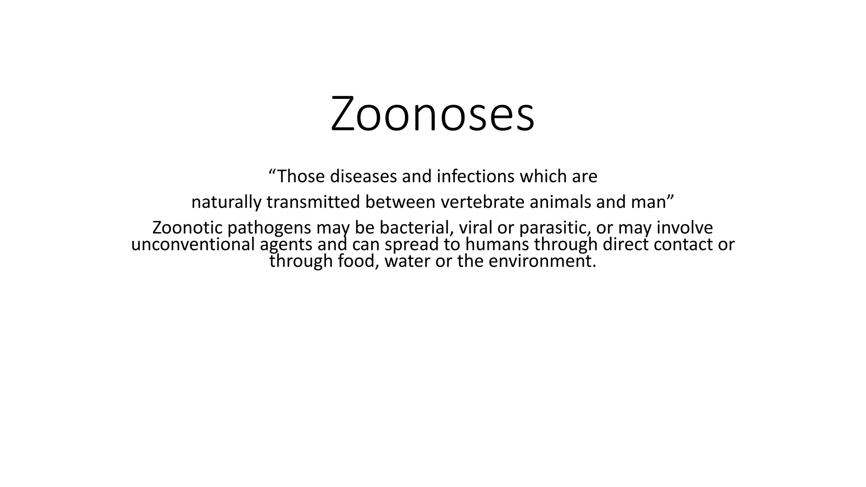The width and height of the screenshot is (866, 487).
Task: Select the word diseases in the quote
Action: point(363,176)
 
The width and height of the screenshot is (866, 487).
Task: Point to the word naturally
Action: point(226,202)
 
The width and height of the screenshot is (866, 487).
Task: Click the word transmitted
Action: point(313,202)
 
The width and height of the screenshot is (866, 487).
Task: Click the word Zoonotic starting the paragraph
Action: point(187,228)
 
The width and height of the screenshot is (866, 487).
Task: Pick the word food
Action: point(356,261)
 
